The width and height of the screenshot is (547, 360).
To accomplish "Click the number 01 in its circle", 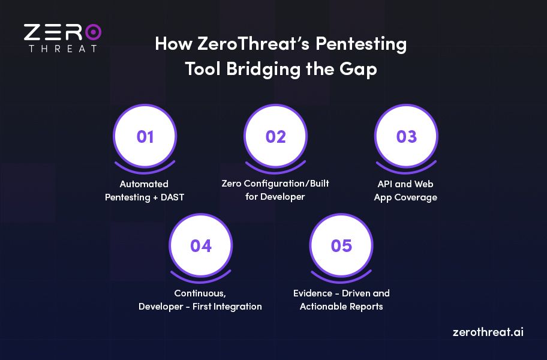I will point(145,137).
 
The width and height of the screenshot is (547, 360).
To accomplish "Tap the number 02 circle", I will point(276,137).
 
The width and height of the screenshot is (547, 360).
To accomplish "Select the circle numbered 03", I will point(406,137).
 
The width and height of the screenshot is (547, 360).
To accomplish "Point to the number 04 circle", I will point(201,245).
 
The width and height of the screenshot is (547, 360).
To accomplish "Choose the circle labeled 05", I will point(341,245).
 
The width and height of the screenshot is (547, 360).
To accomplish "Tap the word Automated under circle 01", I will point(144,184).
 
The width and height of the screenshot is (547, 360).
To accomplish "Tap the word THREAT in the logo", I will point(62,49).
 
